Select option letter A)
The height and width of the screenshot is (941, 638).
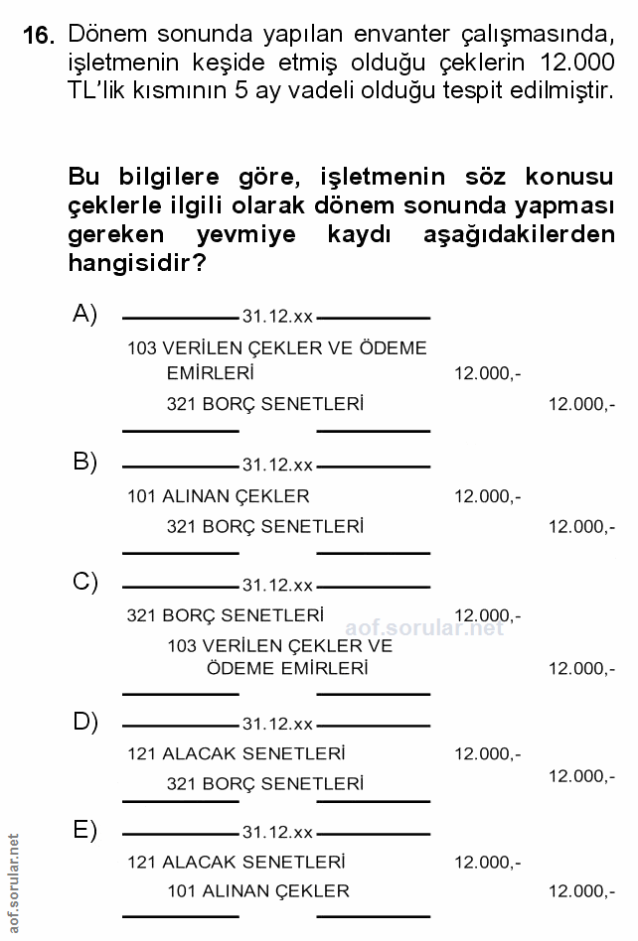pyautogui.click(x=84, y=315)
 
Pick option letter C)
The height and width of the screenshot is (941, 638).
pyautogui.click(x=84, y=583)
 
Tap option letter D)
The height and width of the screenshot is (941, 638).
pyautogui.click(x=84, y=722)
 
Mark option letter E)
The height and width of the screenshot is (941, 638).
pyautogui.click(x=84, y=831)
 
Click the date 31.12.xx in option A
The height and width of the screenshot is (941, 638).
pyautogui.click(x=277, y=318)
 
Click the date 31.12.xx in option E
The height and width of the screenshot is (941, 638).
pyautogui.click(x=277, y=833)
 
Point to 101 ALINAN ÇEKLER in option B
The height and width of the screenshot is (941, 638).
pyautogui.click(x=219, y=496)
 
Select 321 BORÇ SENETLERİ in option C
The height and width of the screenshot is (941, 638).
pyautogui.click(x=225, y=615)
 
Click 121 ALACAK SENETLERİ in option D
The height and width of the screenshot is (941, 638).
pyautogui.click(x=237, y=754)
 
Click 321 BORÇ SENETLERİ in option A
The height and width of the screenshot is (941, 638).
pyautogui.click(x=264, y=405)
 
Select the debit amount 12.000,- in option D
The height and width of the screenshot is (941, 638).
pyautogui.click(x=487, y=754)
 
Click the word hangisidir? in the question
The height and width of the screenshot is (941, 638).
pyautogui.click(x=137, y=264)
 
